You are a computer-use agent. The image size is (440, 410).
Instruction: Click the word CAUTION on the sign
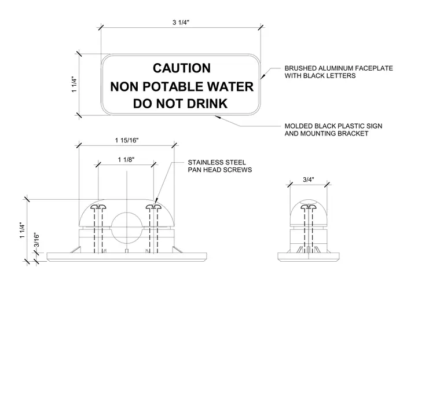[x=182, y=68]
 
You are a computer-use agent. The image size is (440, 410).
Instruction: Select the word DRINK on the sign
[x=207, y=104]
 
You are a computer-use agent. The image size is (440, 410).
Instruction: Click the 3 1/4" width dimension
[x=181, y=23]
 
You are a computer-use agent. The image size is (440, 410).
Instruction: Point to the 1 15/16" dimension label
[x=127, y=140]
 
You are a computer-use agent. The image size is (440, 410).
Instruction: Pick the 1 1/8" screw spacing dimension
[x=126, y=160]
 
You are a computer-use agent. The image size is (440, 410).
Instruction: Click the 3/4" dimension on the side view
[x=309, y=180]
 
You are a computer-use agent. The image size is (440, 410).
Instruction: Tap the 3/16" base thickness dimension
[x=36, y=240]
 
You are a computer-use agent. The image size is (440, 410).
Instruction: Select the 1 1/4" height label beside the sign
[x=74, y=84]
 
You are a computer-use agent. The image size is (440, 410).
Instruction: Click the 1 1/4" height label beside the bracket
[x=23, y=230]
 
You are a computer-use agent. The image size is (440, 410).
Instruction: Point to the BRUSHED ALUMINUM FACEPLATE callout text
[x=339, y=72]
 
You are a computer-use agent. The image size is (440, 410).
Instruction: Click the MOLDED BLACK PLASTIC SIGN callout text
[x=333, y=130]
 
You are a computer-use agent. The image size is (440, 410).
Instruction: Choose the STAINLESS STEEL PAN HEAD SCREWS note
[x=220, y=166]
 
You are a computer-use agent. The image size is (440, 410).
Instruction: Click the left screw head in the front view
[x=98, y=207]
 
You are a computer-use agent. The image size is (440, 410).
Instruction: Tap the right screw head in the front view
[x=154, y=207]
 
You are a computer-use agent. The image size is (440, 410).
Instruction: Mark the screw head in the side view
[x=309, y=207]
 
